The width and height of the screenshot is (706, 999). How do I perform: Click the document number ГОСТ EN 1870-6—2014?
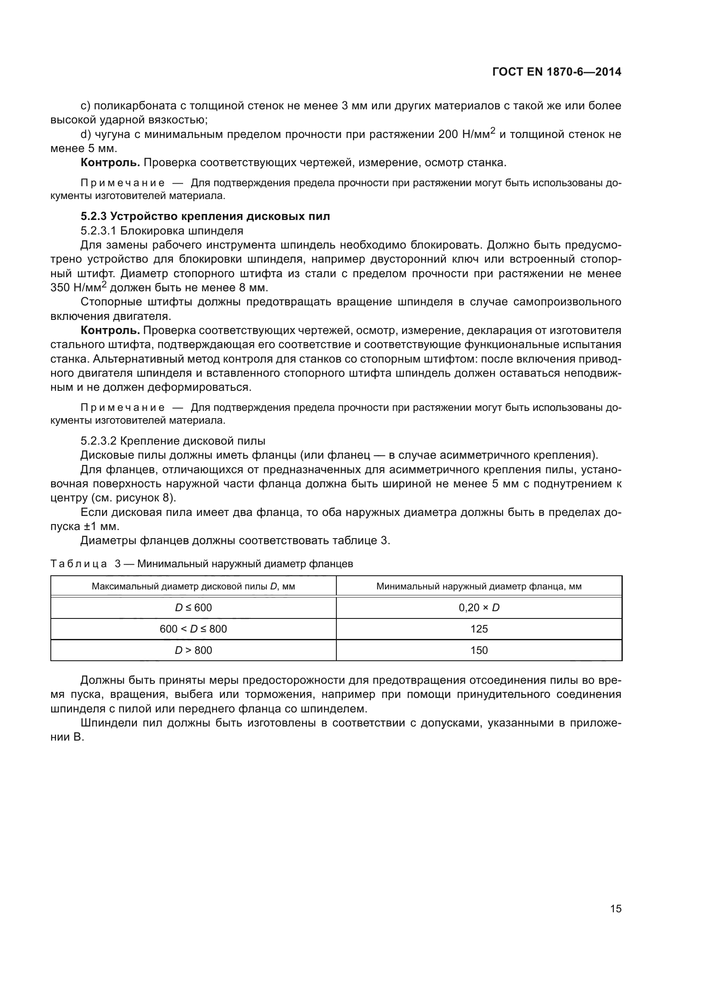click(x=557, y=72)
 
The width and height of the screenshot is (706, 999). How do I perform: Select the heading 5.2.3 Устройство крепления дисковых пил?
click(x=205, y=216)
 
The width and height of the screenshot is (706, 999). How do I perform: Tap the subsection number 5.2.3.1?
click(x=98, y=231)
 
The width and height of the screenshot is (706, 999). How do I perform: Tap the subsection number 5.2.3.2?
click(x=98, y=441)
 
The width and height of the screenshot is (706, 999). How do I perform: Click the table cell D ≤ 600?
click(x=193, y=607)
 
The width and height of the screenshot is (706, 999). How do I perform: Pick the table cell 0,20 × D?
click(x=478, y=607)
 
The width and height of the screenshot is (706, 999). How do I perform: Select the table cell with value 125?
click(x=478, y=629)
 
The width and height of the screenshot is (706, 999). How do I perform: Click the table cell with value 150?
click(x=478, y=650)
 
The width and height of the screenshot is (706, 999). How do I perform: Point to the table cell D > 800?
click(x=193, y=650)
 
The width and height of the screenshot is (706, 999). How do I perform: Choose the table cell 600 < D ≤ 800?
click(x=193, y=629)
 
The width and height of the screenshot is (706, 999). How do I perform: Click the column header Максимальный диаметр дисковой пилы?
click(x=193, y=586)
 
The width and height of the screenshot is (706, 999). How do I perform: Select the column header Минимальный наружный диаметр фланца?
click(x=478, y=586)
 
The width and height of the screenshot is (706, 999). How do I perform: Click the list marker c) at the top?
click(x=85, y=106)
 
